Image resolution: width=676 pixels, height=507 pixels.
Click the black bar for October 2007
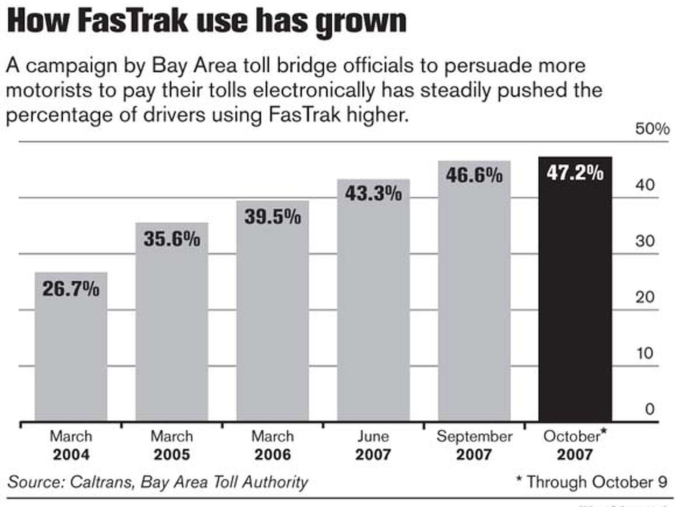(x=575, y=299)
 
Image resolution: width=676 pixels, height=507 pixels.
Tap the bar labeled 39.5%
(x=273, y=317)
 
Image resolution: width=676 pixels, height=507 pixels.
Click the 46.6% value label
(x=474, y=175)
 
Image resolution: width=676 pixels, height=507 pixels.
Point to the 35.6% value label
(x=172, y=239)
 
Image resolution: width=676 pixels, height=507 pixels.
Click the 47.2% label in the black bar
(x=575, y=173)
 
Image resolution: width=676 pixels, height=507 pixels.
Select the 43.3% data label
(x=373, y=194)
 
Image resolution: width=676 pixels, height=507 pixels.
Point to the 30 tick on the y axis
(x=645, y=241)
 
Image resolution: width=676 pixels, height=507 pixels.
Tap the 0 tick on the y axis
(x=650, y=409)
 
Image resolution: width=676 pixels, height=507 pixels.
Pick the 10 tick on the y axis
(x=645, y=353)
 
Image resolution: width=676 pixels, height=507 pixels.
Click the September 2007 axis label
(x=474, y=446)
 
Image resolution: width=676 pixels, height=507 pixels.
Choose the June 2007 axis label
(x=373, y=446)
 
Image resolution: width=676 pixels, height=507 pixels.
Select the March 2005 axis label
(x=172, y=446)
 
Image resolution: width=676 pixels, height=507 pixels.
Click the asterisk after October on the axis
(x=603, y=431)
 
